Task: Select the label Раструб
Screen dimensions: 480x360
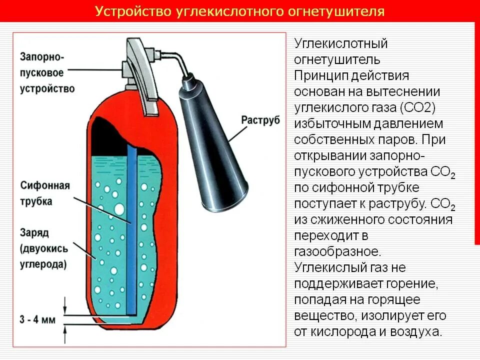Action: (x=260, y=120)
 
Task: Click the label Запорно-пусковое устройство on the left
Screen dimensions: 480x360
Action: (x=47, y=72)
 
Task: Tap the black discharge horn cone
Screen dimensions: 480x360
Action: (x=214, y=150)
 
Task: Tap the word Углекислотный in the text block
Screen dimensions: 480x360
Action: (x=341, y=43)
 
